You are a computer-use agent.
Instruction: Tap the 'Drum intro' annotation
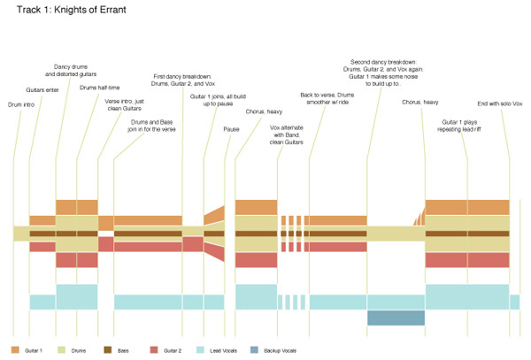point(22,105)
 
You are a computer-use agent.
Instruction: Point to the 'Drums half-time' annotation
point(99,88)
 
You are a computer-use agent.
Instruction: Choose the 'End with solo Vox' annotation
point(500,104)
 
